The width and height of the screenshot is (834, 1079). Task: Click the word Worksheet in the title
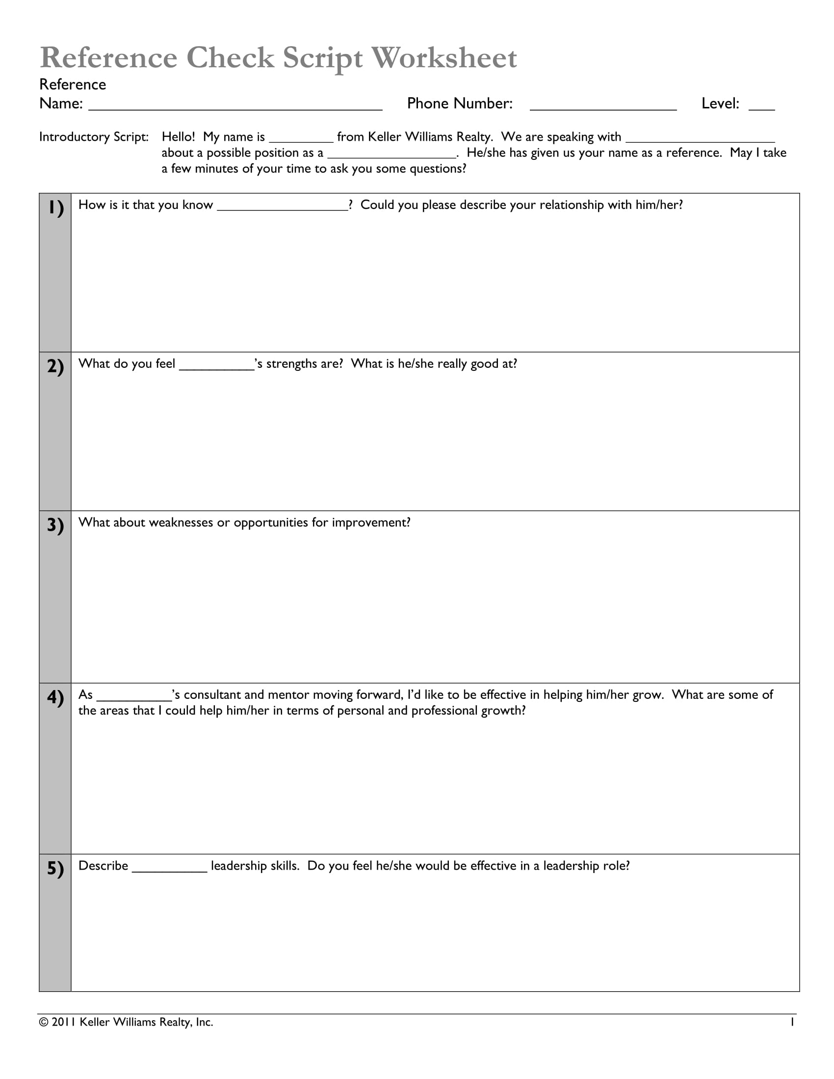pyautogui.click(x=443, y=58)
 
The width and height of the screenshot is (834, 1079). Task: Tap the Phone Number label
pyautogui.click(x=460, y=103)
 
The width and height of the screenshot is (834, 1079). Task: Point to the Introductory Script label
pyautogui.click(x=94, y=137)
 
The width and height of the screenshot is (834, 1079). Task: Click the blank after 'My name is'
pyautogui.click(x=301, y=140)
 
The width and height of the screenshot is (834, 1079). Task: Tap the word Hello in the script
pyautogui.click(x=178, y=137)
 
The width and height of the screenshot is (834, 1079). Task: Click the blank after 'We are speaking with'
pyautogui.click(x=700, y=140)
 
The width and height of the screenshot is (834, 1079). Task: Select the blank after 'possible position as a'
pyautogui.click(x=392, y=156)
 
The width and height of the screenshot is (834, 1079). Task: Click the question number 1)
pyautogui.click(x=55, y=207)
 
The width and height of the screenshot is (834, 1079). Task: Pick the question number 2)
pyautogui.click(x=55, y=366)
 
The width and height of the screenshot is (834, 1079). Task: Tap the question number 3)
pyautogui.click(x=55, y=525)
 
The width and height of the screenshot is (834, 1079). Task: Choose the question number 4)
pyautogui.click(x=55, y=697)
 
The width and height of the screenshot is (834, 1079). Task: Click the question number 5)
pyautogui.click(x=55, y=868)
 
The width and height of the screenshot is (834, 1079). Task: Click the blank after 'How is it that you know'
pyautogui.click(x=283, y=208)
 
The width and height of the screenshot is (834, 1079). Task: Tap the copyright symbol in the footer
pyautogui.click(x=44, y=1022)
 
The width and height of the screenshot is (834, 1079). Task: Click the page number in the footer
pyautogui.click(x=792, y=1022)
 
